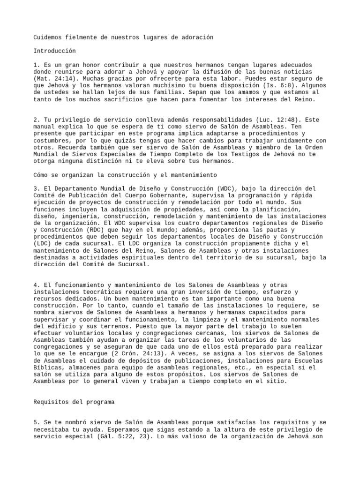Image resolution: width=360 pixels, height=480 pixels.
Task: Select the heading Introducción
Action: tap(54, 51)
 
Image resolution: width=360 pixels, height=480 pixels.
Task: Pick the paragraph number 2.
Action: tap(36, 120)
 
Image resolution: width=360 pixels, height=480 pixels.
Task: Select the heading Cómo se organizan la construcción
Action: tap(125, 174)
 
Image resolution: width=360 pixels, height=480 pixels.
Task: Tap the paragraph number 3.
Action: tap(36, 188)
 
